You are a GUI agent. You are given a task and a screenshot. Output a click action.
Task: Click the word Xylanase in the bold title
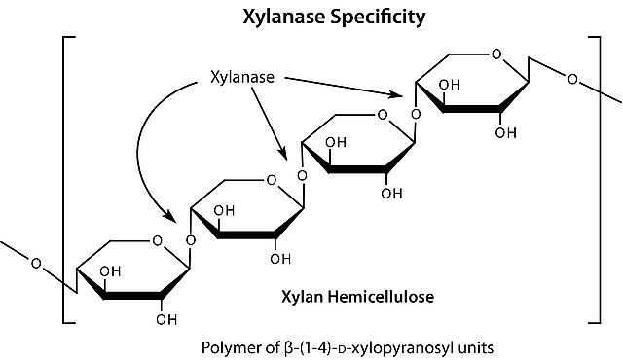tap(284, 18)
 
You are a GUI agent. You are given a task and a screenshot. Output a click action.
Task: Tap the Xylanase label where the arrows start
tap(242, 77)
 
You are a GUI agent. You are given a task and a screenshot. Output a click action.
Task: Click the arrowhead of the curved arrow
tap(169, 215)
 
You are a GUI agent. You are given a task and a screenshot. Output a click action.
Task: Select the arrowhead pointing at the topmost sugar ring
tap(396, 94)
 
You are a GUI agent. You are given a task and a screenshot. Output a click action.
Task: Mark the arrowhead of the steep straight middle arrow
tap(282, 154)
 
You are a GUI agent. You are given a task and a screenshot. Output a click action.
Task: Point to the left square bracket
tap(69, 180)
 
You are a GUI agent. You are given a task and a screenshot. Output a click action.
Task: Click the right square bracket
tap(595, 180)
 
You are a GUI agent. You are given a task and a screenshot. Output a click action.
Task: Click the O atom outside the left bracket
tap(36, 263)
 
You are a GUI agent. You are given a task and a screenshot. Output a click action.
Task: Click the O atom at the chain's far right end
tap(572, 80)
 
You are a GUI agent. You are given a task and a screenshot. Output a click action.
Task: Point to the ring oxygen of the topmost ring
tap(496, 54)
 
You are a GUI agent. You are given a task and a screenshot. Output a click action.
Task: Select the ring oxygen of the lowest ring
tap(158, 240)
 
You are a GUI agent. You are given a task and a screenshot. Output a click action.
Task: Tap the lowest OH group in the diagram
tap(166, 319)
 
